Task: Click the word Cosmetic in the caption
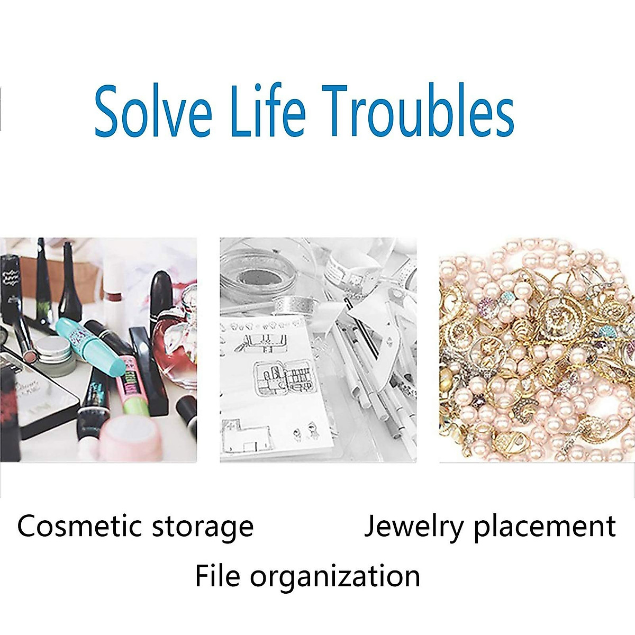point(79,526)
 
